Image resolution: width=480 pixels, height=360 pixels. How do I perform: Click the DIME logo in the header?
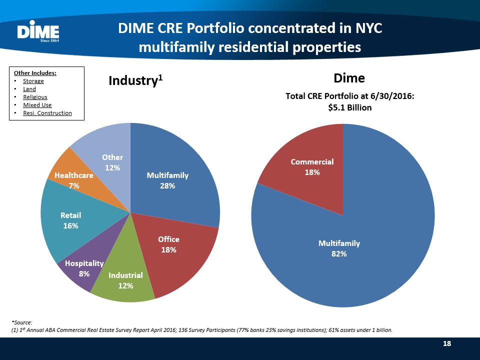38,32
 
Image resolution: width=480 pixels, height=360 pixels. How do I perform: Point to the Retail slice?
70,220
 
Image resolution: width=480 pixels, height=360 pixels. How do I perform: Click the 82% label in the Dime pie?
339,253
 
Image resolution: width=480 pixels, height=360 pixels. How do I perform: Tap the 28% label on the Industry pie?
167,185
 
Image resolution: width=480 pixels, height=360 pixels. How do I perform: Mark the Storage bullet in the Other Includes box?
33,81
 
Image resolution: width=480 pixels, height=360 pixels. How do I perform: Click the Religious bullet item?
35,97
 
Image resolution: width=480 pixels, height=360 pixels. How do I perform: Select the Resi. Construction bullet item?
47,113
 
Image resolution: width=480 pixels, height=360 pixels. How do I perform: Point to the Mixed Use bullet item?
37,105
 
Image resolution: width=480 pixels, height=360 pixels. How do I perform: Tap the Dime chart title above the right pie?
349,78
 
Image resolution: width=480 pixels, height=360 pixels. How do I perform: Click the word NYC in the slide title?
367,28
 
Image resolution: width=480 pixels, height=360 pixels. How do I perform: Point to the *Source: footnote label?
21,323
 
